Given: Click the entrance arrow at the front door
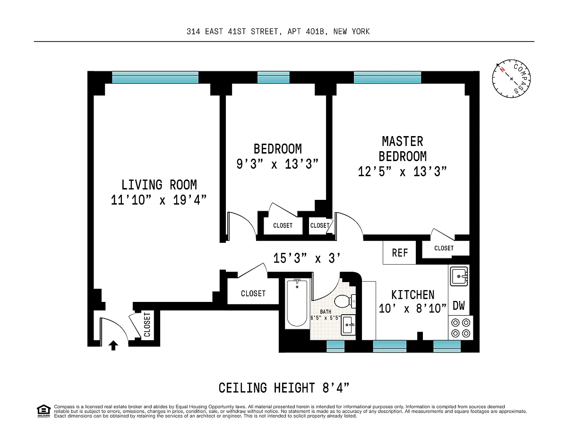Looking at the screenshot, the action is pyautogui.click(x=113, y=345).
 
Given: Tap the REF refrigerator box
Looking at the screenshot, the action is pyautogui.click(x=399, y=252).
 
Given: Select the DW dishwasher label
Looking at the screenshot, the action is pyautogui.click(x=458, y=306).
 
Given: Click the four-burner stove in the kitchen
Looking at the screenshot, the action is pyautogui.click(x=461, y=328).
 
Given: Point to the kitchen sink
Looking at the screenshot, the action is pyautogui.click(x=459, y=276).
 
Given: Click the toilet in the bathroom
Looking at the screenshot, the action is pyautogui.click(x=345, y=301).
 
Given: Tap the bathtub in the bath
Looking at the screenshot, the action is pyautogui.click(x=297, y=302).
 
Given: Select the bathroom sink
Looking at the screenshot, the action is pyautogui.click(x=348, y=325).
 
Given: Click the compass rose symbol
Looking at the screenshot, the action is pyautogui.click(x=511, y=78).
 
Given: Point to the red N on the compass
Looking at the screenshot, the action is pyautogui.click(x=502, y=69).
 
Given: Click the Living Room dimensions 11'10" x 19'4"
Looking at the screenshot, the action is pyautogui.click(x=159, y=200).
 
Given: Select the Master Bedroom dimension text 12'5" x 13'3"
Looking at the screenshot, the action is pyautogui.click(x=402, y=172).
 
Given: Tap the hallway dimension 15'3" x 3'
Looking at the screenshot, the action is pyautogui.click(x=307, y=258).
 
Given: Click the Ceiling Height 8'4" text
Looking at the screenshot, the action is pyautogui.click(x=283, y=388).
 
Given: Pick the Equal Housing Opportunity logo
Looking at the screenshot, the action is pyautogui.click(x=43, y=411).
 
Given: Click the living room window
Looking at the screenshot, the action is pyautogui.click(x=155, y=77).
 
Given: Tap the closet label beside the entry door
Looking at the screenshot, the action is pyautogui.click(x=147, y=325).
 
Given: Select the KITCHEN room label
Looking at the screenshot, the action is pyautogui.click(x=412, y=295).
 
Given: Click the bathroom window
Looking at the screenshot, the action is pyautogui.click(x=335, y=346).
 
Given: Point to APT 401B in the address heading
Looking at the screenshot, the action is pyautogui.click(x=306, y=32).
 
